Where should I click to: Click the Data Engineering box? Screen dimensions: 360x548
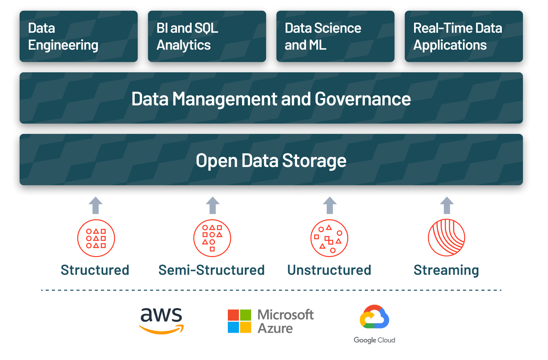point(78,36)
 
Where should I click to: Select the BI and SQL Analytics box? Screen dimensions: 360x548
point(207,36)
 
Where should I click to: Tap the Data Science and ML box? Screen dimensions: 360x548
point(335,36)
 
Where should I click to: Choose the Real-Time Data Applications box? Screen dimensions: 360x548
point(463,36)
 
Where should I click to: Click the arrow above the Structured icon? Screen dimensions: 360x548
point(95,205)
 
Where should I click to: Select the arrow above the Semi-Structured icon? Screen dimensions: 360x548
point(212,205)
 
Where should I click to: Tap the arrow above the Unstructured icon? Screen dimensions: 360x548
point(329,205)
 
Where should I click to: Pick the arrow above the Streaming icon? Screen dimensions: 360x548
point(446,205)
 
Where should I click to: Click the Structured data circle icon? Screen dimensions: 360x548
point(96,238)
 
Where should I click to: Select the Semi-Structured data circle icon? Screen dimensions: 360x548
point(212,238)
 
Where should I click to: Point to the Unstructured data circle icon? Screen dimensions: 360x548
point(329,238)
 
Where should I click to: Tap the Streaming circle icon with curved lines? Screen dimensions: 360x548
point(446,238)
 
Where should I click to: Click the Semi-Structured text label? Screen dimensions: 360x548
point(212,270)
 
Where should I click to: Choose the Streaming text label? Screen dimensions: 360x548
point(446,270)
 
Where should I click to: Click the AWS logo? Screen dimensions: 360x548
point(161,320)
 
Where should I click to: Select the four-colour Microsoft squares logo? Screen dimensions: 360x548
point(239,321)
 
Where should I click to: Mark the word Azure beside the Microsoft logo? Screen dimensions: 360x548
point(275,329)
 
